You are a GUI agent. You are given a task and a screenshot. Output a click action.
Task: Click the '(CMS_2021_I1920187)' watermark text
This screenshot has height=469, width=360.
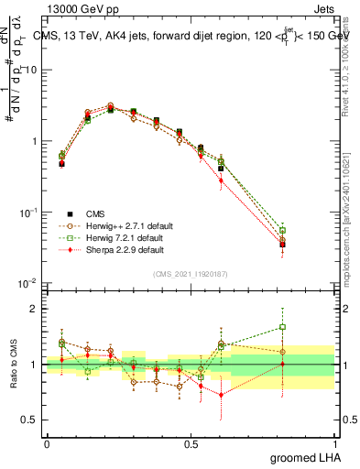(191, 274)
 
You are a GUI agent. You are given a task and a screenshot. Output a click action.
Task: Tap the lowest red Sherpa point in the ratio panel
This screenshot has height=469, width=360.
(221, 395)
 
